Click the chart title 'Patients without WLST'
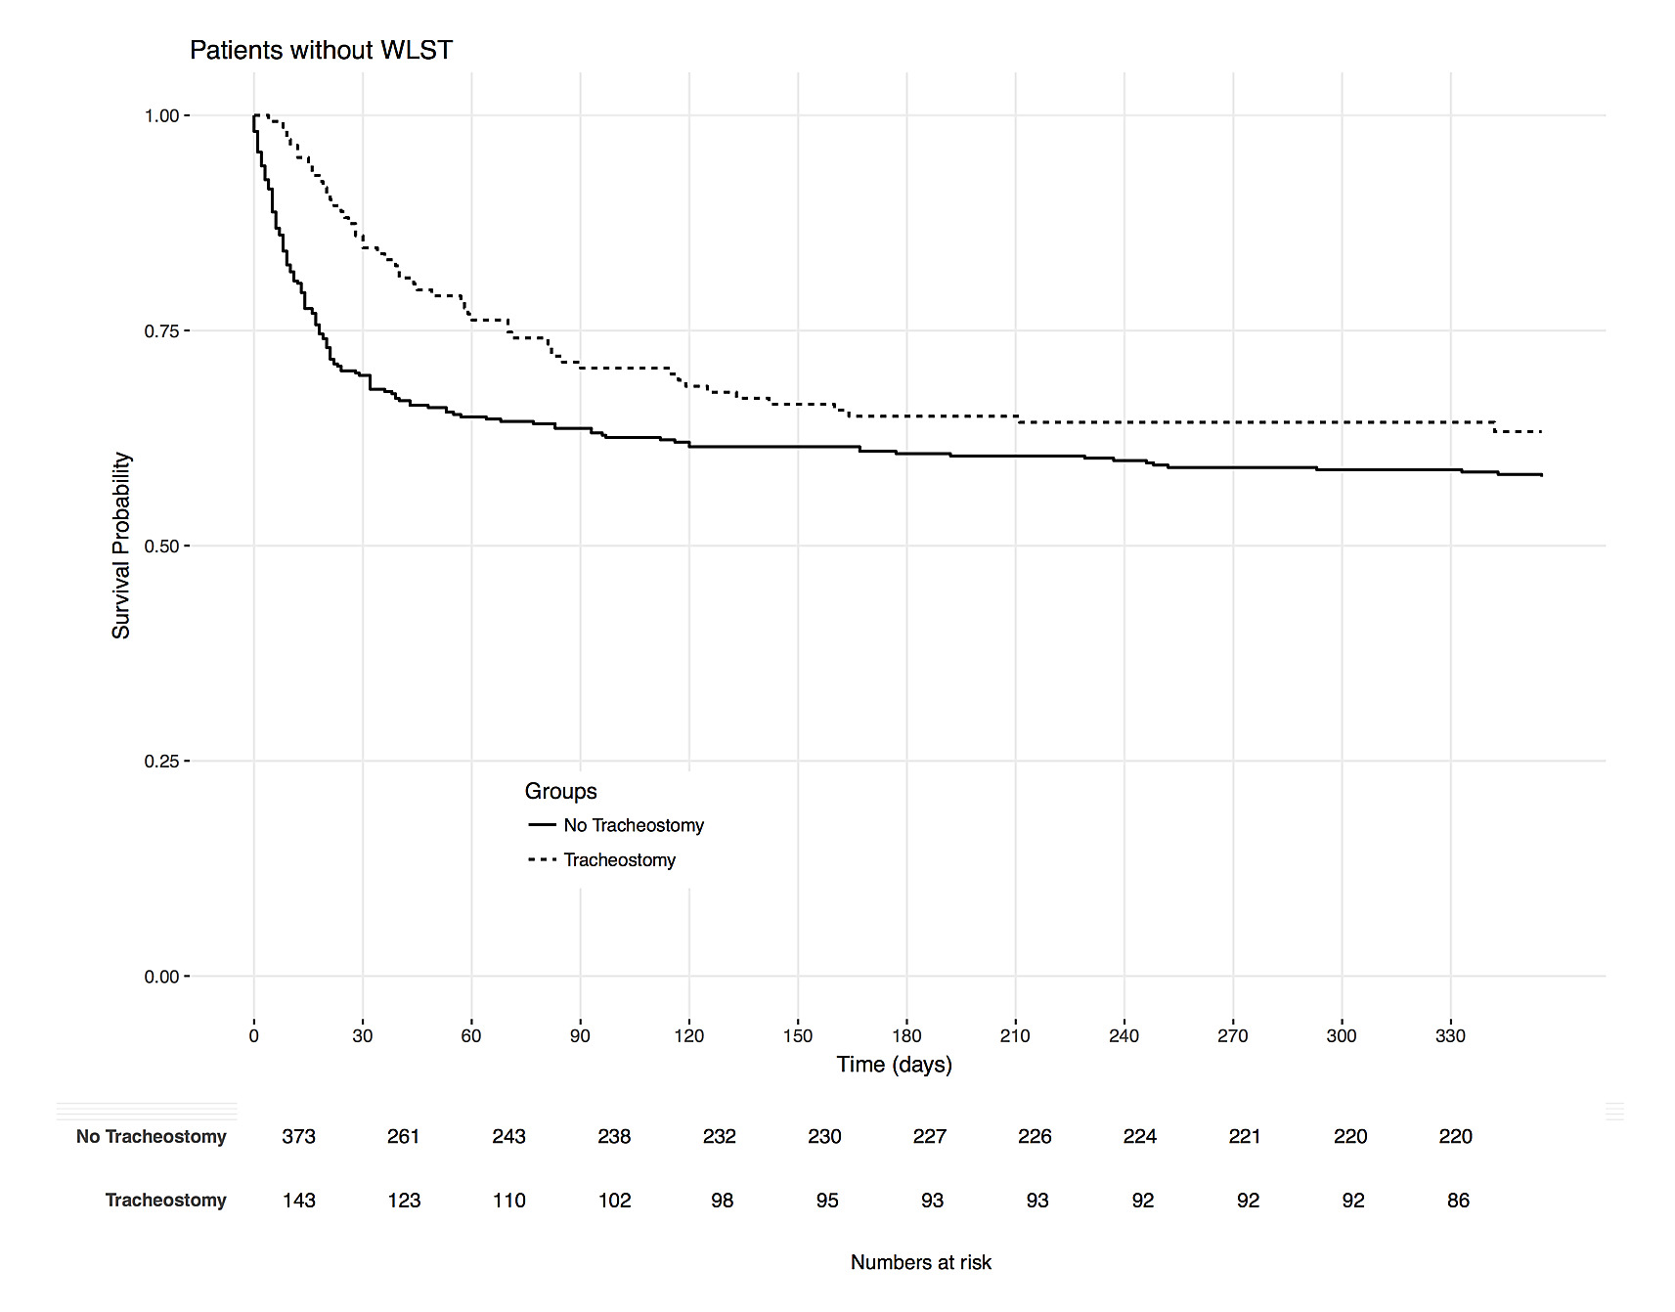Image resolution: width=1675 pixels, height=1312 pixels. click(x=321, y=50)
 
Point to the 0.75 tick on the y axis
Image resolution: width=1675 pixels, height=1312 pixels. click(x=162, y=331)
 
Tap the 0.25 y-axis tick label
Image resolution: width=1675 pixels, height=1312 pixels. click(x=162, y=762)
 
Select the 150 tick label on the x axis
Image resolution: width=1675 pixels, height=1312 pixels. click(x=798, y=1036)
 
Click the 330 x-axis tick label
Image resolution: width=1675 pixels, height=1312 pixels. click(x=1450, y=1036)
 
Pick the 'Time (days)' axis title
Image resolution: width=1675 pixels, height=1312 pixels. click(x=894, y=1065)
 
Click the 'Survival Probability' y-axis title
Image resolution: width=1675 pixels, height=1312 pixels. click(x=121, y=546)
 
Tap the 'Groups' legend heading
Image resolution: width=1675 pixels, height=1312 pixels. click(x=560, y=792)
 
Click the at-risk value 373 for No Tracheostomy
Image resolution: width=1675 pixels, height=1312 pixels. click(x=298, y=1137)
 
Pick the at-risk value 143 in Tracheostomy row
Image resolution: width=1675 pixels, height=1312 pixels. click(x=298, y=1201)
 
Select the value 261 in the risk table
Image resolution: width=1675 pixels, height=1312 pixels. click(x=403, y=1137)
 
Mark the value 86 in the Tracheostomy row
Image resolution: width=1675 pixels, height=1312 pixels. click(x=1458, y=1201)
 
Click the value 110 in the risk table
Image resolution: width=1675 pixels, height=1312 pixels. click(x=508, y=1201)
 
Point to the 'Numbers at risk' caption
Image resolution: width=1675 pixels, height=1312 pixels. click(x=920, y=1263)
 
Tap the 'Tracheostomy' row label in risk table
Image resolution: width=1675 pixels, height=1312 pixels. click(x=165, y=1201)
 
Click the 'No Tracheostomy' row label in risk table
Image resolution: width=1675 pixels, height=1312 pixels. click(x=151, y=1137)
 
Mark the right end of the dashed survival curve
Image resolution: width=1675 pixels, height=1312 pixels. click(x=1541, y=432)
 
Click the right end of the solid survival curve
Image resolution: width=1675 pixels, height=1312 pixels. click(x=1541, y=475)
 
